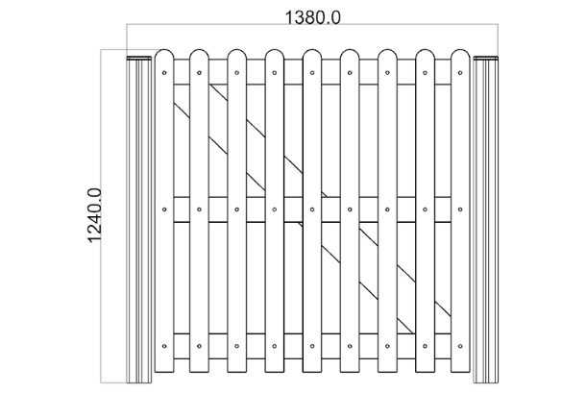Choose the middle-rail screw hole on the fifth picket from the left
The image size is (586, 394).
point(314,208)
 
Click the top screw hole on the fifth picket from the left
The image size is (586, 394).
point(314,72)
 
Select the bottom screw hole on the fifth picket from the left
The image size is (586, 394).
point(314,343)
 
